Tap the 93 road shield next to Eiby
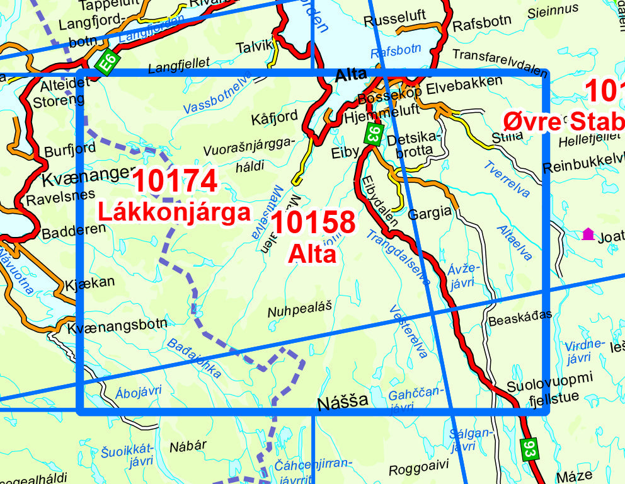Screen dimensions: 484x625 (374, 133)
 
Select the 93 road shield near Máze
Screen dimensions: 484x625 (529, 448)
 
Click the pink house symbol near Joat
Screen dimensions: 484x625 (588, 234)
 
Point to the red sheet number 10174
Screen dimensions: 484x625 (175, 181)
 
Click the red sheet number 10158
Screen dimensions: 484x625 (314, 222)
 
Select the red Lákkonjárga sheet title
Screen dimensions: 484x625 (174, 212)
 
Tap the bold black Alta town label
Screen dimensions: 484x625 (351, 75)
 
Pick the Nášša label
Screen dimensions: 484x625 (343, 401)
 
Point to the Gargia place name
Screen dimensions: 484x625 (430, 212)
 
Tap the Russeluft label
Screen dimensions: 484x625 (395, 18)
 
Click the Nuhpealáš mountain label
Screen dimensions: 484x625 (299, 311)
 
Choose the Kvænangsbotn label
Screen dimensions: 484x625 (117, 323)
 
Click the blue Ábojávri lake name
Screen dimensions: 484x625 (138, 391)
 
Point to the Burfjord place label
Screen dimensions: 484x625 (70, 149)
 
